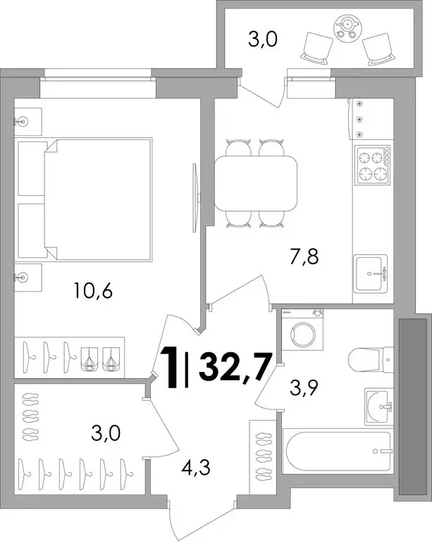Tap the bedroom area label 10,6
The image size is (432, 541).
(x=93, y=291)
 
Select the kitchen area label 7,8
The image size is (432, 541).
(x=304, y=256)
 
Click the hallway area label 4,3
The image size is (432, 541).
(x=196, y=468)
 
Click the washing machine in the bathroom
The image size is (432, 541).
(x=302, y=330)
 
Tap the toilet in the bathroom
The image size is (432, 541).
(x=371, y=360)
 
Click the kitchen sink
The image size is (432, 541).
(x=371, y=273)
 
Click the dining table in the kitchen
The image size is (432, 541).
(x=256, y=183)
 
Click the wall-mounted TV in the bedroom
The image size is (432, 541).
(x=196, y=198)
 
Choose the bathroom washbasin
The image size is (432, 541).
(x=379, y=406)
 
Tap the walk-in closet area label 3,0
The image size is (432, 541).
(x=106, y=433)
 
